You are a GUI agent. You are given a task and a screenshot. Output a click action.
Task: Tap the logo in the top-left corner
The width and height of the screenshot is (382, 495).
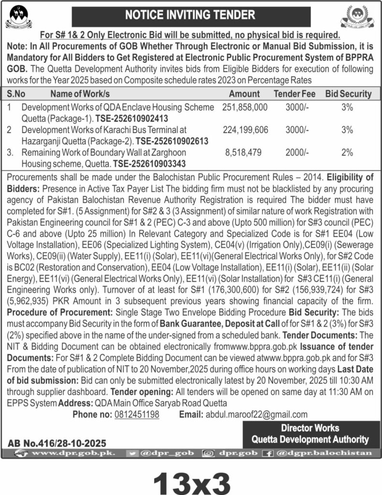(x=18, y=17)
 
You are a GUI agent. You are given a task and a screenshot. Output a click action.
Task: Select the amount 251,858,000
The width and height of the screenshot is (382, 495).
(x=245, y=107)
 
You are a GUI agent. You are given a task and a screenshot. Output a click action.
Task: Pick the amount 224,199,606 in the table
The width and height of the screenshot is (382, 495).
(x=245, y=130)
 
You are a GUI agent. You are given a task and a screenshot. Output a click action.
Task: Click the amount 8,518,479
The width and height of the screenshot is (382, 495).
(x=244, y=152)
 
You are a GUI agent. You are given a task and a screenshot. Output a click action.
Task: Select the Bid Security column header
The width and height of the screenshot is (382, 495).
(x=348, y=94)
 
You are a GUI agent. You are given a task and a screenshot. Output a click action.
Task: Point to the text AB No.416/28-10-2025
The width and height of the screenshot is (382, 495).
(x=57, y=442)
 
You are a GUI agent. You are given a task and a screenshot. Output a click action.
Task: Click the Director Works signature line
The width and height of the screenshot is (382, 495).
(x=310, y=428)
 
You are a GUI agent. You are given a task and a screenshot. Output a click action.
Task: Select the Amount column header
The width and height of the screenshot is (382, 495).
(x=244, y=94)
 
